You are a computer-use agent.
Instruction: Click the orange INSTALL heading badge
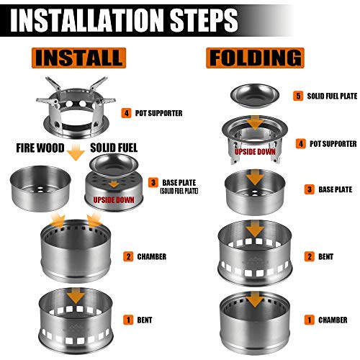click(x=78, y=58)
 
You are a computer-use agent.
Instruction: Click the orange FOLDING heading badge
click(x=255, y=58)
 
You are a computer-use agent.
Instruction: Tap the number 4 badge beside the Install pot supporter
click(x=126, y=113)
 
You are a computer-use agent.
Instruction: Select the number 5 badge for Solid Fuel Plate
click(x=298, y=96)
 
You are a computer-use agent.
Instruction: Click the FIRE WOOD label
click(x=40, y=148)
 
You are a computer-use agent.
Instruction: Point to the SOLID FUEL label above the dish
click(x=114, y=148)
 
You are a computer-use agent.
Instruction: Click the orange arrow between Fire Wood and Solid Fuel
click(x=76, y=152)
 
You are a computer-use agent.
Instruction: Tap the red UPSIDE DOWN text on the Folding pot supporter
click(x=255, y=152)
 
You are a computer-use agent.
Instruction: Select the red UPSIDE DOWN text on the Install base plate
click(x=114, y=199)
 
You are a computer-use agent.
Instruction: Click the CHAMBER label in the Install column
click(x=152, y=256)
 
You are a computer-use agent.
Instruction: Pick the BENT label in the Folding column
click(x=325, y=256)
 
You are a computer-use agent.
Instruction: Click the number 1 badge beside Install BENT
click(x=128, y=320)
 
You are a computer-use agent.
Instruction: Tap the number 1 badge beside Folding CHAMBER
click(x=310, y=320)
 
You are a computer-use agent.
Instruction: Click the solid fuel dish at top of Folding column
click(x=255, y=95)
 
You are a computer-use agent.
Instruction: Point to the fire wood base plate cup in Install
click(x=40, y=189)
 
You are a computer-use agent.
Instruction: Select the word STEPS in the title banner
click(x=204, y=19)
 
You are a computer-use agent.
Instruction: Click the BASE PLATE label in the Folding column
click(x=335, y=189)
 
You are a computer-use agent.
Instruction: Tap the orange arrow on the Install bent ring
click(x=76, y=296)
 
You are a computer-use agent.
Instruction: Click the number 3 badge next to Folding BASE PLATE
click(x=310, y=189)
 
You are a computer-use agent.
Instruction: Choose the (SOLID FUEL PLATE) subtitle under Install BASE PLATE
click(x=179, y=191)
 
